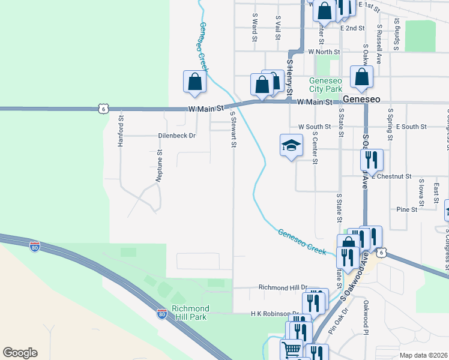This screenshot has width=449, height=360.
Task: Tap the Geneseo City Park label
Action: click(x=325, y=85)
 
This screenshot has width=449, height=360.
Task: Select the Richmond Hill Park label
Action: click(x=190, y=312)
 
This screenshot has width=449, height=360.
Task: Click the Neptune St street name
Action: click(x=160, y=166)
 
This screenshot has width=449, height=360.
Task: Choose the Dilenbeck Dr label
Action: click(x=177, y=136)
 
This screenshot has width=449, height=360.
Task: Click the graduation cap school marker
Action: click(x=291, y=146)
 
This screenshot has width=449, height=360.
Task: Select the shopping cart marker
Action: click(x=292, y=348)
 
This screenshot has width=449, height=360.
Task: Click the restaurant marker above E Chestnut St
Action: click(x=372, y=159)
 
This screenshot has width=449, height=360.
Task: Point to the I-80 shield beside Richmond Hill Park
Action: click(x=161, y=313)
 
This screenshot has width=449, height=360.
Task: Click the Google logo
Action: click(x=20, y=353)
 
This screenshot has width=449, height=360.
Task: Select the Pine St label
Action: click(x=406, y=209)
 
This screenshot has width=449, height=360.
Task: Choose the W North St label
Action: click(x=324, y=52)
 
